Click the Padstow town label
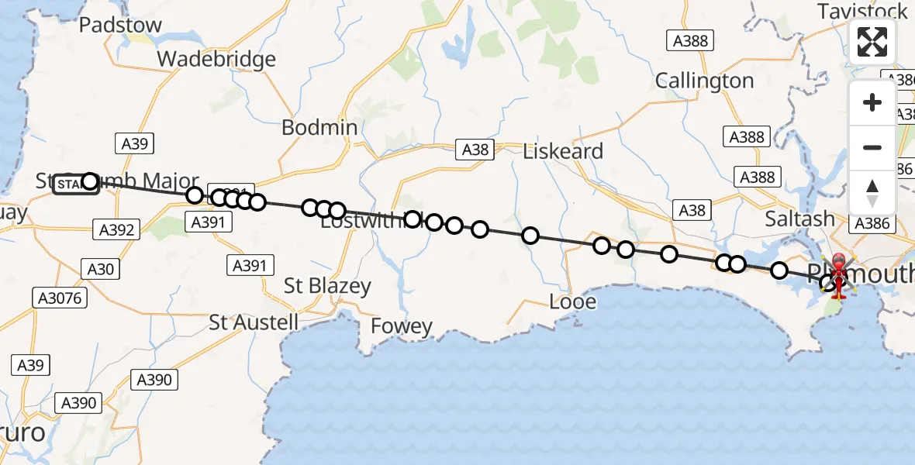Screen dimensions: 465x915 [121, 25]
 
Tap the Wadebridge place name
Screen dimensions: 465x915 [216, 59]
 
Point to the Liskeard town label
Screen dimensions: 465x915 [563, 151]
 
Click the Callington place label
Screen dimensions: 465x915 [704, 81]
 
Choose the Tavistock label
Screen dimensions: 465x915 [862, 11]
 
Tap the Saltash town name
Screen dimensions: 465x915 [800, 219]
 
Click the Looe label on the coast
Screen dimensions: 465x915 [573, 301]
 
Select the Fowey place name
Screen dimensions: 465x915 [401, 326]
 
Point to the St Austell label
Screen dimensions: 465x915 [254, 322]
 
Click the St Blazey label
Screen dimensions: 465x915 [327, 285]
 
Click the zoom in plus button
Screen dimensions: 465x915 [872, 103]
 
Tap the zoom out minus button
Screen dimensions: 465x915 [872, 147]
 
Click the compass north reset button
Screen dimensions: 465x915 [872, 191]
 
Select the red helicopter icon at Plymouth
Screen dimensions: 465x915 [838, 276]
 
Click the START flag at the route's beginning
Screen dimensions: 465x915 [75, 184]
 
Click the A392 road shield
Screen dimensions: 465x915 [116, 229]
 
